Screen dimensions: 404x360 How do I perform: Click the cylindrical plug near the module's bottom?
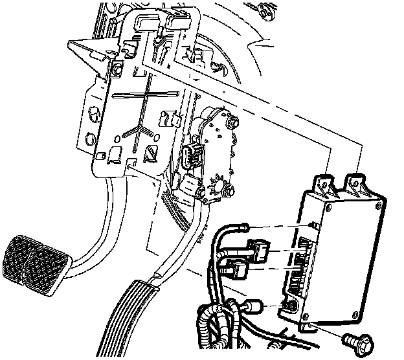252,306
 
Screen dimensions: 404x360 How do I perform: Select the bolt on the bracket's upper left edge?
118,67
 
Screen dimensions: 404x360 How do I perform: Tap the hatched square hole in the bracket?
150,154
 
